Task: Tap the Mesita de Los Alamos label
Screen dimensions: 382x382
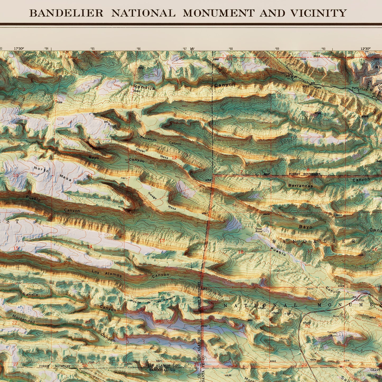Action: point(153,300)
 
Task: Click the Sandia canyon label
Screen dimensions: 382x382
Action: point(30,294)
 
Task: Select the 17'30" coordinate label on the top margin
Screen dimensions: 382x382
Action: point(19,49)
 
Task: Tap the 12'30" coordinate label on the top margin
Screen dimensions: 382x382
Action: point(366,49)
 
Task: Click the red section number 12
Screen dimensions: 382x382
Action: point(174,158)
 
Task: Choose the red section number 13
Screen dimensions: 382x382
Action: point(162,240)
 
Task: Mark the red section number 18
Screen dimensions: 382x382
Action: point(241,252)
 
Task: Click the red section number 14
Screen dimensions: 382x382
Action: point(90,246)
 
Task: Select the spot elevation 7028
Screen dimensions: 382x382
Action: point(59,102)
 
